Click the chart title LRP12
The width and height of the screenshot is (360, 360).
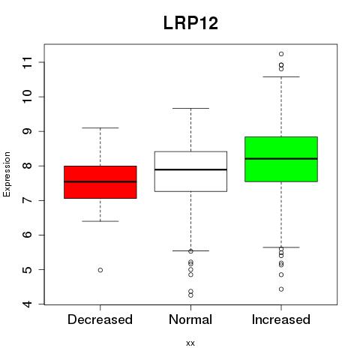pos(190,23)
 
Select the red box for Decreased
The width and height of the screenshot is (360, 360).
pos(100,182)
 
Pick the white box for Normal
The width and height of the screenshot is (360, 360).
pos(190,172)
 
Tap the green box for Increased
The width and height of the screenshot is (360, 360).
pos(281,159)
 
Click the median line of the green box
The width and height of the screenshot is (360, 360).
pos(281,159)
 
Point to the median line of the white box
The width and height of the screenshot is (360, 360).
pos(190,169)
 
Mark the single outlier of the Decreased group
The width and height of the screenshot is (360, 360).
pos(100,270)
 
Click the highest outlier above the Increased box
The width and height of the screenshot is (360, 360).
pos(281,54)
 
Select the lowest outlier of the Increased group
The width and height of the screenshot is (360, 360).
pos(281,289)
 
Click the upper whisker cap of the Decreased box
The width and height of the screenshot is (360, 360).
pos(100,128)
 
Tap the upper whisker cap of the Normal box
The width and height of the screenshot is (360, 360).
pos(190,109)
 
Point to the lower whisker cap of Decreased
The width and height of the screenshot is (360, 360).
pos(100,221)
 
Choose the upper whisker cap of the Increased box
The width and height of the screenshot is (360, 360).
pos(281,77)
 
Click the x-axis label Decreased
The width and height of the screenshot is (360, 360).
pos(100,319)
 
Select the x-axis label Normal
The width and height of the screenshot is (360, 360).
pos(190,319)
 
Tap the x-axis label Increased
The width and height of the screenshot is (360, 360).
pos(281,319)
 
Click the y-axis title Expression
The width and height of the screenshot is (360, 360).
pos(7,174)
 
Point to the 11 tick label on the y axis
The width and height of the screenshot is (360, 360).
pos(28,62)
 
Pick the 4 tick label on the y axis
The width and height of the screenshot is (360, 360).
pos(28,304)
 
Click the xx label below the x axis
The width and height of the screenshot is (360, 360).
pos(190,343)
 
